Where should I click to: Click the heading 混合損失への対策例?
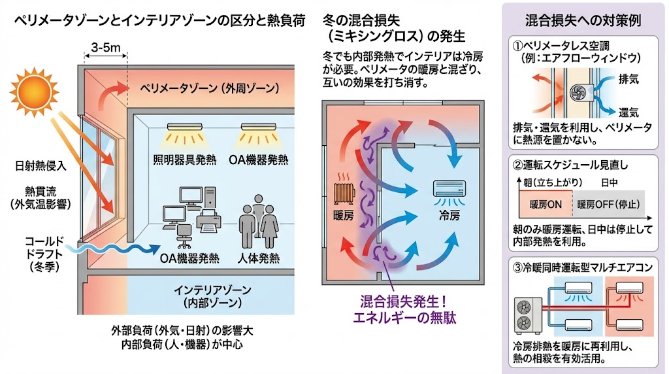pyautogui.click(x=583, y=20)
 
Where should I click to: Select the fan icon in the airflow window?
pyautogui.click(x=577, y=93)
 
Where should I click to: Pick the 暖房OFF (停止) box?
pyautogui.click(x=608, y=203)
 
